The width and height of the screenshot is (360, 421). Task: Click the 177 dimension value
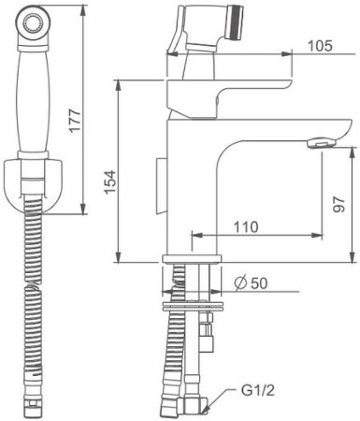pos(75,121)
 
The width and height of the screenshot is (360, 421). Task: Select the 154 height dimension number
pos(110,182)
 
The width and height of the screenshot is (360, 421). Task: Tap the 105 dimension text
pos(320,46)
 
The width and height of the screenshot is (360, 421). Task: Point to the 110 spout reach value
pos(246,226)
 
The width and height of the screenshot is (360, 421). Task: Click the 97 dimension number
pos(338,205)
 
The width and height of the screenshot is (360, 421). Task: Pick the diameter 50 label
pos(252,283)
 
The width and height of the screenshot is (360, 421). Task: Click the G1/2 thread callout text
pos(258,390)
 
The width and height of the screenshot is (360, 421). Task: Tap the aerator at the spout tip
pos(322,144)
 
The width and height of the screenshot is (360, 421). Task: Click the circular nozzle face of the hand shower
pos(33,22)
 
